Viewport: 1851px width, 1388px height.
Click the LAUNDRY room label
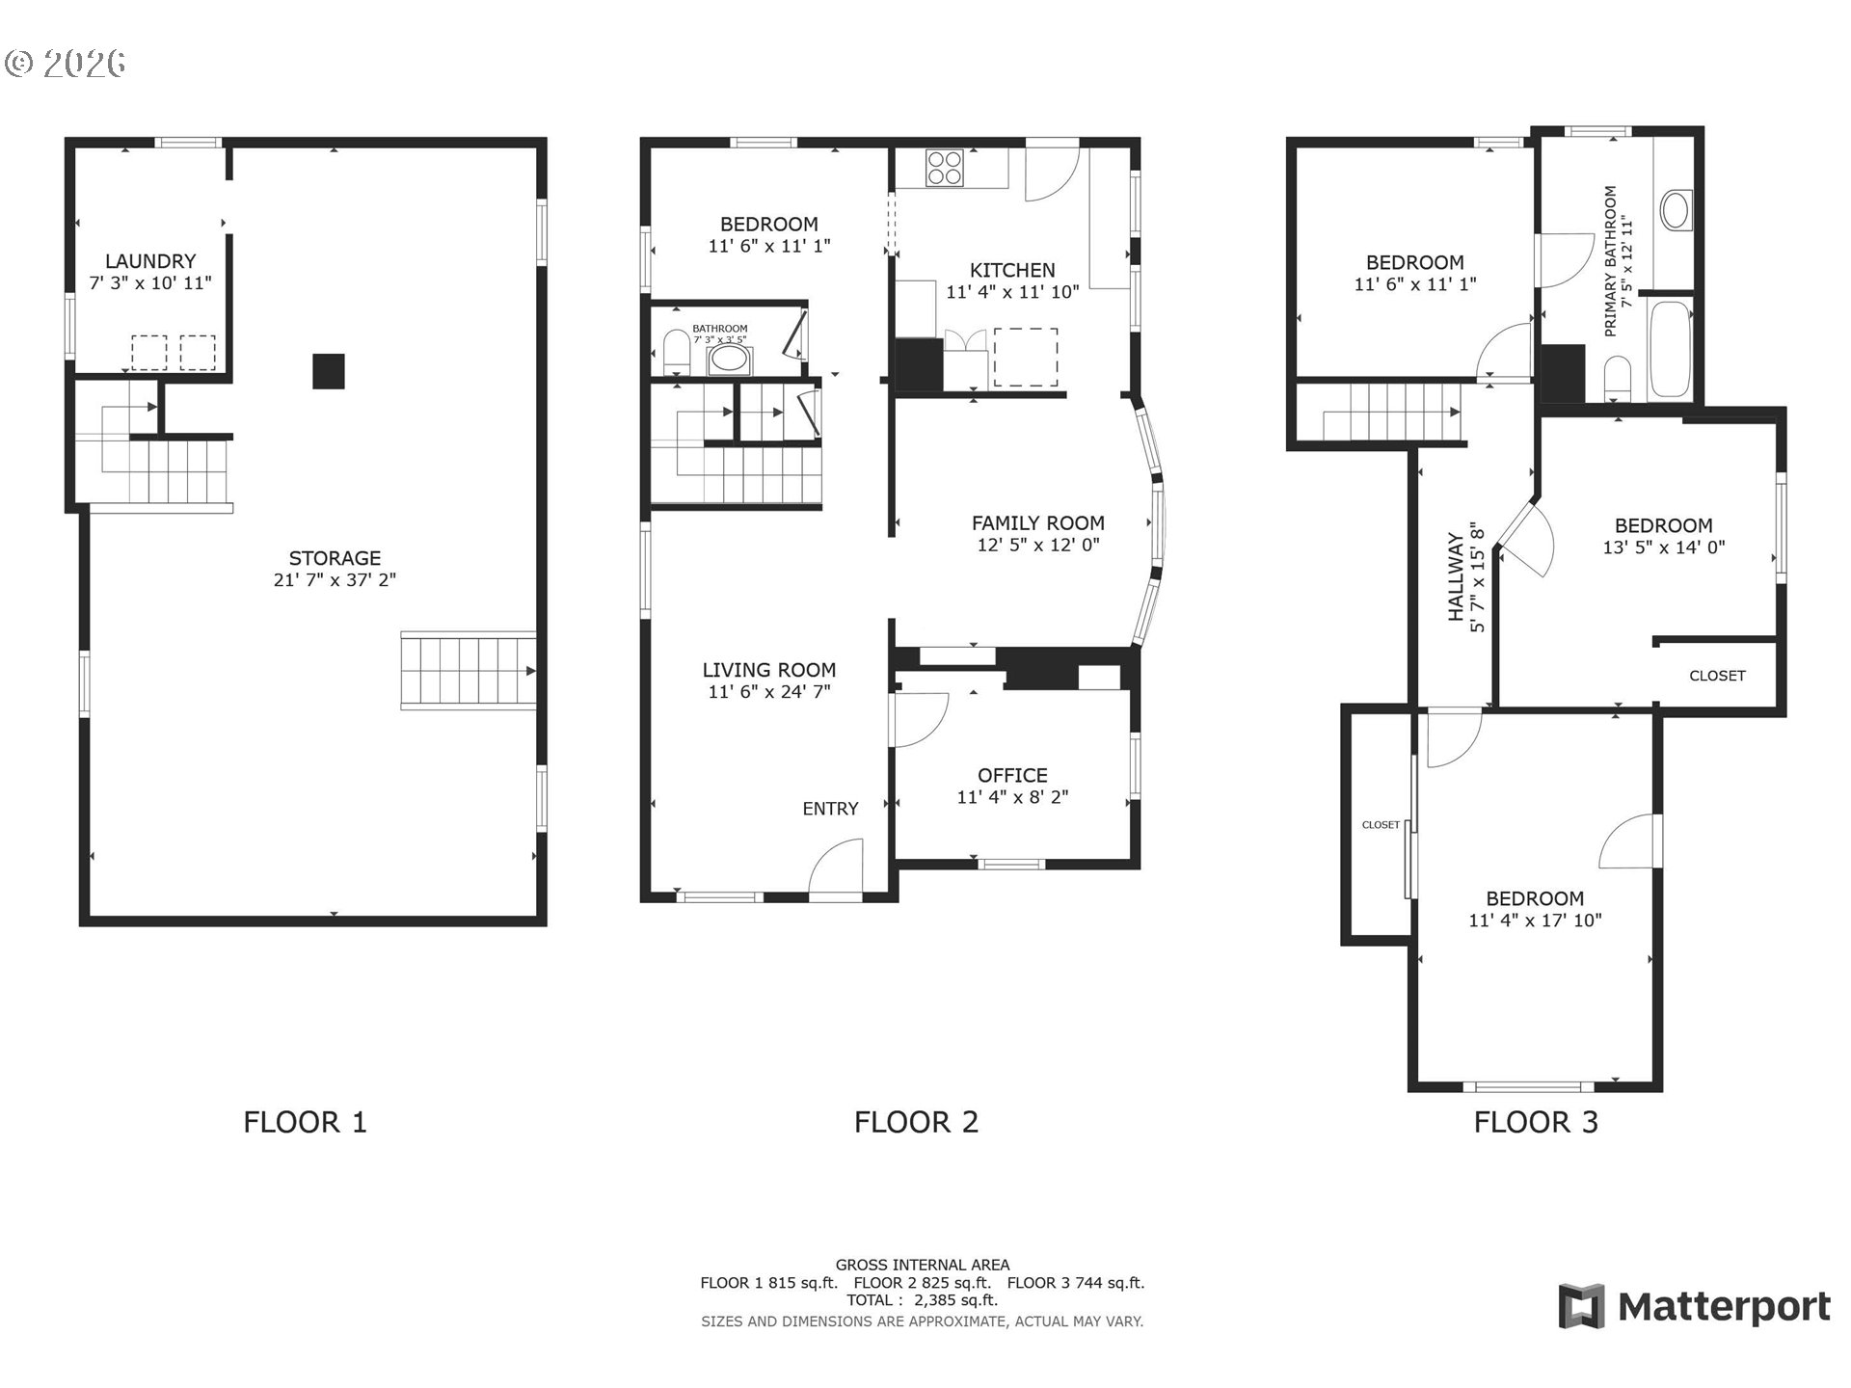(149, 261)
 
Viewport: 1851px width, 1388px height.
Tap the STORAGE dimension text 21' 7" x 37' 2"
(335, 579)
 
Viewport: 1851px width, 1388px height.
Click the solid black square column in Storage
(329, 371)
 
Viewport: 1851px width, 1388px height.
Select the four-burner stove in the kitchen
(945, 167)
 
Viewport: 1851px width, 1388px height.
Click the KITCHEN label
(1012, 270)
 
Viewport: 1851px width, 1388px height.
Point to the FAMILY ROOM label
(1037, 522)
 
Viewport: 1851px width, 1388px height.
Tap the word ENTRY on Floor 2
(830, 809)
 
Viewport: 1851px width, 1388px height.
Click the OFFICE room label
(1012, 775)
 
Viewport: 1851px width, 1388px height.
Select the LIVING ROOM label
(768, 670)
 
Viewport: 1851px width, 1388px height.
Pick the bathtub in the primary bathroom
(1670, 350)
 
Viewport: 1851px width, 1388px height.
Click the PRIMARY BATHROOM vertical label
(1610, 261)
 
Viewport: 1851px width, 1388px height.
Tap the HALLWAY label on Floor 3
(1456, 577)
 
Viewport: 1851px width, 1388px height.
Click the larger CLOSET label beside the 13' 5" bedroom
(1717, 676)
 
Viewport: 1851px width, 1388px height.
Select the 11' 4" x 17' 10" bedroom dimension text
(1535, 920)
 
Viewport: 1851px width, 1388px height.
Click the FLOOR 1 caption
(305, 1122)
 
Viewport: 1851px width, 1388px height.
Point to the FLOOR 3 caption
(1536, 1122)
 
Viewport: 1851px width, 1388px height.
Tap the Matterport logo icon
(1582, 1306)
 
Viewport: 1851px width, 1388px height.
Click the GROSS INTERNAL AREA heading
(923, 1265)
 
